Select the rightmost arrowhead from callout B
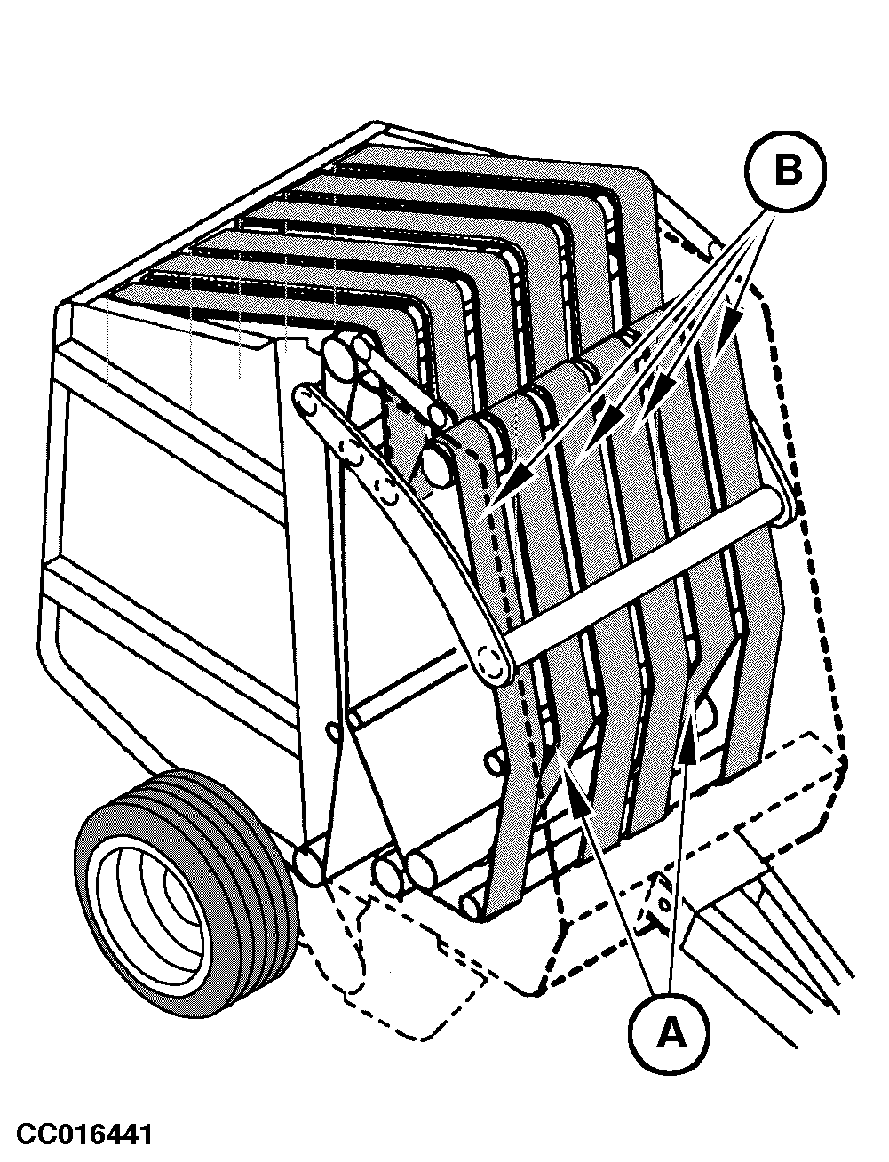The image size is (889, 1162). (731, 330)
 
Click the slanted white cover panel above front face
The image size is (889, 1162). (175, 338)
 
